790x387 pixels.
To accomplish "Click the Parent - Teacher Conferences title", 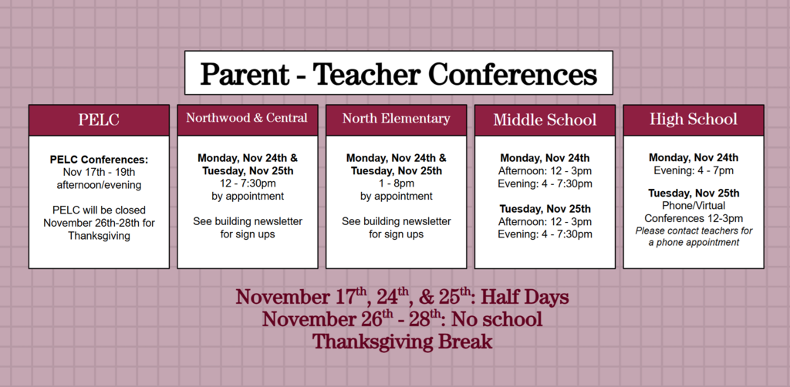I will click(x=398, y=74).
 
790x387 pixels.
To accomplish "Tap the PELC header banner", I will click(x=99, y=120).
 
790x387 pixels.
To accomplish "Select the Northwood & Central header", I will click(x=247, y=119).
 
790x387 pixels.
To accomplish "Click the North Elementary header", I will click(x=396, y=119).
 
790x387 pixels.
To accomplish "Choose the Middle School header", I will click(x=545, y=120).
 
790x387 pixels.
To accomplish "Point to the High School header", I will click(x=693, y=119).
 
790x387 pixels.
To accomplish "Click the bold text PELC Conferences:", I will click(x=99, y=160).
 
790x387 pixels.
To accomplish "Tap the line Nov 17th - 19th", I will click(x=99, y=172).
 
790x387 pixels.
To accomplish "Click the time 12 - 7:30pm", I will click(x=247, y=183).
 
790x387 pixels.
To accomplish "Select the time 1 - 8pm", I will click(x=396, y=183).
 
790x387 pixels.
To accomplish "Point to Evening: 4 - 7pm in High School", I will click(x=693, y=170).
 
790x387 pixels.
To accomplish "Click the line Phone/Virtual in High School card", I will click(x=693, y=206).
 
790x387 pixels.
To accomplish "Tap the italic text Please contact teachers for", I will click(x=693, y=231).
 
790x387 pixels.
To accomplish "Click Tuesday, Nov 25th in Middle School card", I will click(x=545, y=209).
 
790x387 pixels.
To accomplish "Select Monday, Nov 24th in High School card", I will click(x=693, y=158).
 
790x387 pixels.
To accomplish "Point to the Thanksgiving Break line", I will click(x=401, y=342).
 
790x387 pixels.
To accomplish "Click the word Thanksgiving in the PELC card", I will click(x=99, y=236).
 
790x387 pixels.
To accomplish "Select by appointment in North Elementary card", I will click(x=396, y=197).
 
